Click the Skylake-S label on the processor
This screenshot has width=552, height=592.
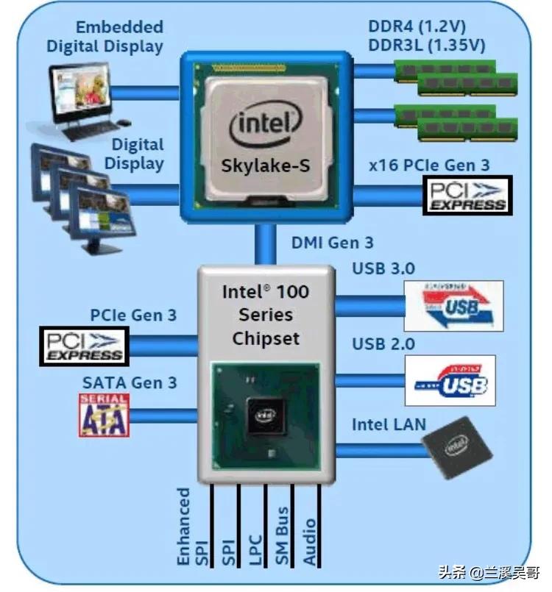tap(266, 165)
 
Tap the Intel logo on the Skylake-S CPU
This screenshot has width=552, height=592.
tap(266, 126)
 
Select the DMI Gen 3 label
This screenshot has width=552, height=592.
tap(333, 242)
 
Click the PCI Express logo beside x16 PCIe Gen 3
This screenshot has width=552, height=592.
tap(468, 195)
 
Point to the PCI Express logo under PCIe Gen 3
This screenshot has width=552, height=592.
tap(84, 346)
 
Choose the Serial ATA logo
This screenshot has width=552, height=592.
tap(104, 415)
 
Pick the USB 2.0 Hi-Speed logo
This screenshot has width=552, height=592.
tap(450, 380)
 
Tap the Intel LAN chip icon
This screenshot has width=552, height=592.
tap(456, 446)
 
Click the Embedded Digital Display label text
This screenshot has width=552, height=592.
tap(105, 37)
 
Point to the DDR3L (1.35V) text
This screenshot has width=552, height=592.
tap(426, 46)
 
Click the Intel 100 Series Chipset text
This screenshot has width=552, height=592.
tap(266, 315)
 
